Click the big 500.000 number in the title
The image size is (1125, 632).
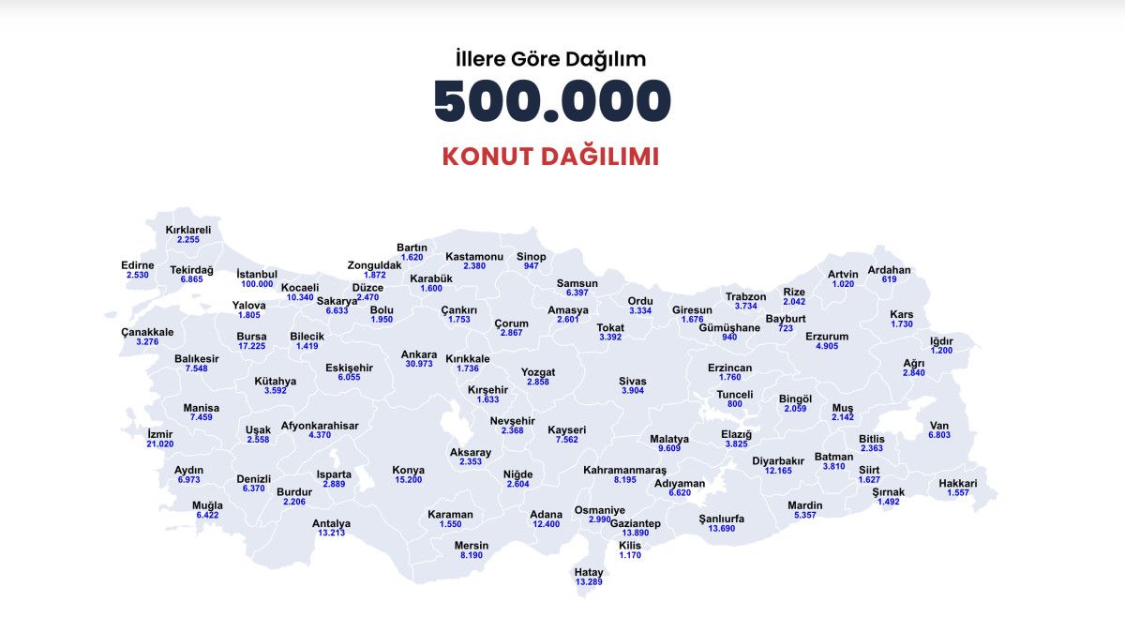[552, 100]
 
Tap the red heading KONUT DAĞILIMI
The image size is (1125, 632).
[550, 157]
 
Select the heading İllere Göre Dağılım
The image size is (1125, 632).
[551, 59]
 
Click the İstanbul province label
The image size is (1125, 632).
[257, 274]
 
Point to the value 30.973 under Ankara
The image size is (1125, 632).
[419, 364]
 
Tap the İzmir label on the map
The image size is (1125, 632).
[160, 434]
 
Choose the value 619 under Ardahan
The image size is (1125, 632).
[889, 279]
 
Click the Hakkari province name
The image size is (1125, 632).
[957, 484]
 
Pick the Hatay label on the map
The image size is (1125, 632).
[589, 572]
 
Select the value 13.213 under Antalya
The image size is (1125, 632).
[331, 533]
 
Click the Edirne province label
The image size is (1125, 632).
[138, 265]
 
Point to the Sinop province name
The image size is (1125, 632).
[532, 257]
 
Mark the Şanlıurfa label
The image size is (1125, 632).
[721, 519]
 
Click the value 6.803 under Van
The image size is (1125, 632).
[939, 435]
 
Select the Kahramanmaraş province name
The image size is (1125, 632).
[624, 469]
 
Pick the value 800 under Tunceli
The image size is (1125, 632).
[735, 404]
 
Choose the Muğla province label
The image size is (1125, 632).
[207, 505]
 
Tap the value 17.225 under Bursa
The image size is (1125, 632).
[251, 346]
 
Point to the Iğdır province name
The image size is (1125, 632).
[941, 340]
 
